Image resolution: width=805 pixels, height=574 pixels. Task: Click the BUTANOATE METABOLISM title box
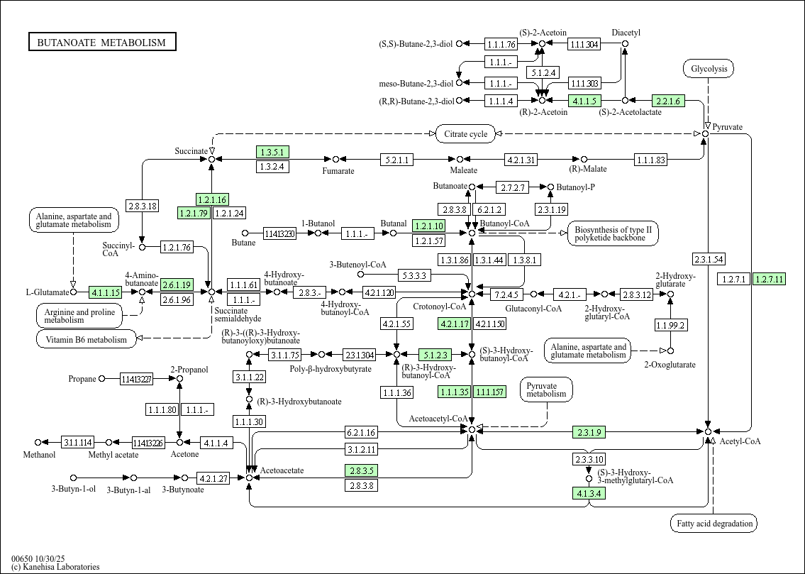pos(102,43)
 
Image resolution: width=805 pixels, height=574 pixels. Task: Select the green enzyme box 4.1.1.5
pos(585,101)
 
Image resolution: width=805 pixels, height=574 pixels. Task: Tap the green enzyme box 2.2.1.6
pos(668,101)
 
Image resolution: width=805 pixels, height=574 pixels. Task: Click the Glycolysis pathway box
pos(708,69)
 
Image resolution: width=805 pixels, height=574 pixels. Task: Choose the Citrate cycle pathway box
pos(465,133)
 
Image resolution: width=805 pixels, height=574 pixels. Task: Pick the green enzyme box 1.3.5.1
pos(272,152)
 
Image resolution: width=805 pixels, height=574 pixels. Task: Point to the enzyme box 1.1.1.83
pos(650,160)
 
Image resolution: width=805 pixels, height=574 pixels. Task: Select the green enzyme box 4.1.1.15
pos(106,292)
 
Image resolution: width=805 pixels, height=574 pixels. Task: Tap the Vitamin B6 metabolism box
pos(86,339)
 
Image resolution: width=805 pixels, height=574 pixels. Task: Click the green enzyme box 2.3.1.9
pos(589,431)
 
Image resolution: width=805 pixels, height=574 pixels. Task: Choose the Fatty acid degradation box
pos(714,524)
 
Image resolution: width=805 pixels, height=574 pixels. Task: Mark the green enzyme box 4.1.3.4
pos(589,493)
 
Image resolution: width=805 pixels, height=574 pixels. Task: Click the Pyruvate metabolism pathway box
pos(546,390)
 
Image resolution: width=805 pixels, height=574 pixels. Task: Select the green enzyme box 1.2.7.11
pos(769,279)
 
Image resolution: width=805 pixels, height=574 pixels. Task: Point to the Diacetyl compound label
pos(626,33)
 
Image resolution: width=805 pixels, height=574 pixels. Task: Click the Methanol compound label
pos(39,454)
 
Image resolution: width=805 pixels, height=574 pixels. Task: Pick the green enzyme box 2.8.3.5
pos(361,470)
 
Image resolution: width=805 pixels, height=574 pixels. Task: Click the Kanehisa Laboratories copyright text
pos(55,567)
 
